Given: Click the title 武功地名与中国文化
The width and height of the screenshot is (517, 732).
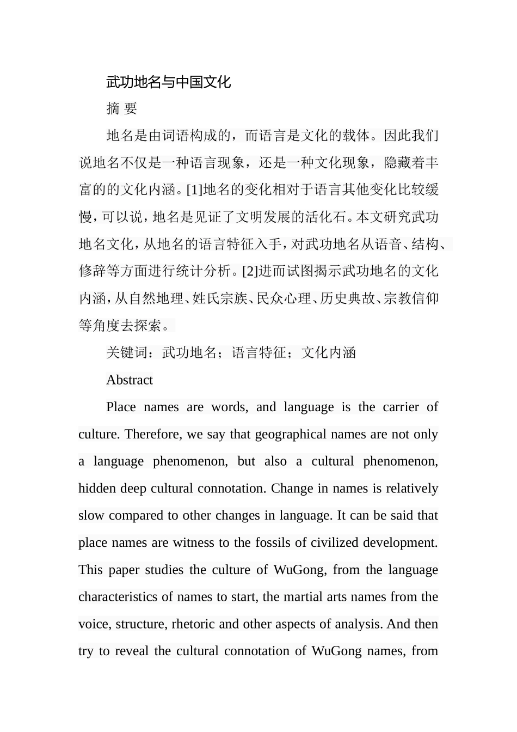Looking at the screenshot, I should tap(169, 82).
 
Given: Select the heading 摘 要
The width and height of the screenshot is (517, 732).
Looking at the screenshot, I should tap(121, 109).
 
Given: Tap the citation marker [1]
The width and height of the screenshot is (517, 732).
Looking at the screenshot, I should tap(194, 190).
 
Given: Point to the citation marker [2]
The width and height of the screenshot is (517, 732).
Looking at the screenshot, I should tap(250, 271).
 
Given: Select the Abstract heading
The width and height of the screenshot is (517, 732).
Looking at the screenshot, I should tap(130, 380).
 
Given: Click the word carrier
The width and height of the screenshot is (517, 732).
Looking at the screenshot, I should tap(401, 407).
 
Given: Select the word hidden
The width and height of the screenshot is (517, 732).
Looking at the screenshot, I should tap(94, 489).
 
